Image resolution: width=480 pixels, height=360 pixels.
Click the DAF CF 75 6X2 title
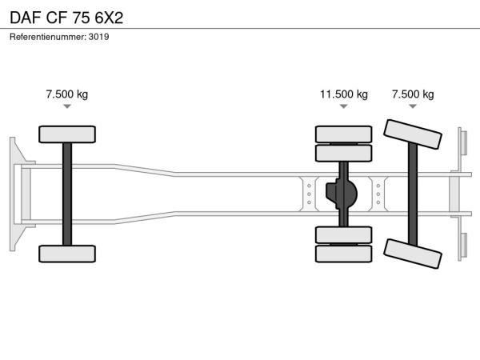pos(66,18)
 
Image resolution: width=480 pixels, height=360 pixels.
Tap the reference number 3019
pos(98,37)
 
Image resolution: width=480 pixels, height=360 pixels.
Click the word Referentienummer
pos(47,37)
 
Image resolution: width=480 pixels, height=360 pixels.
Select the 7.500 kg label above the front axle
pos(67,94)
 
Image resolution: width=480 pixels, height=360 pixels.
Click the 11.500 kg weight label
pos(344,94)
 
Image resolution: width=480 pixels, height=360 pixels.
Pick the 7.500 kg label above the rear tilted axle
pos(413,94)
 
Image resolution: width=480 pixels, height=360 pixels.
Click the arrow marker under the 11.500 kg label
pos(344,106)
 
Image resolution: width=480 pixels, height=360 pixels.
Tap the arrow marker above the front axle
pos(67,106)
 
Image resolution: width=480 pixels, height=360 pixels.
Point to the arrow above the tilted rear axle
pos(413,106)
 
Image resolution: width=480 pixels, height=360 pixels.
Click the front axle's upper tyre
pos(67,134)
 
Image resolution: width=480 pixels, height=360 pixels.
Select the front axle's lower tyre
pos(67,254)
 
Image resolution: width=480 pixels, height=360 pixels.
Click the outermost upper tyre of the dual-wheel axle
pos(344,134)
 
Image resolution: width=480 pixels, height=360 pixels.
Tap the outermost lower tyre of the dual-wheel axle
pos(344,254)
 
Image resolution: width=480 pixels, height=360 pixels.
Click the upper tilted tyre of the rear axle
pos(413,134)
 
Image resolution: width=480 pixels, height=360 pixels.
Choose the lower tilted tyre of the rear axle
pos(413,254)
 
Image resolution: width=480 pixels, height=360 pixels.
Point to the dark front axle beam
pos(67,194)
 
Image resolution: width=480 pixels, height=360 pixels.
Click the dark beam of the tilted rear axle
pos(413,194)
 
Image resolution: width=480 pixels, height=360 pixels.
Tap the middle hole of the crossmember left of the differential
pos(309,194)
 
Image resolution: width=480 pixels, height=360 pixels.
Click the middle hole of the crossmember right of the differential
pos(378,194)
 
